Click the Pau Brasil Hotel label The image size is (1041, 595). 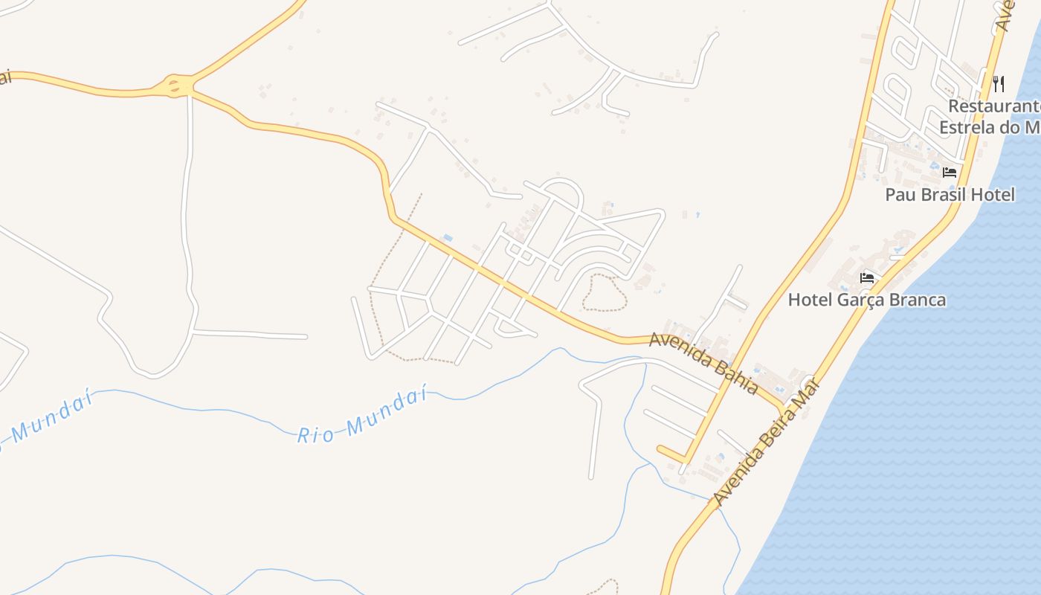(x=950, y=195)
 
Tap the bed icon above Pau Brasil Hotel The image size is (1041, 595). (x=950, y=173)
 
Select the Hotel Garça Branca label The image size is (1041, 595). (x=866, y=300)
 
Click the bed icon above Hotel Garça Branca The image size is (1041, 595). (x=866, y=278)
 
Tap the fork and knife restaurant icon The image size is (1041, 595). (x=999, y=83)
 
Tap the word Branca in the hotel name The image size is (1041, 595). (x=917, y=300)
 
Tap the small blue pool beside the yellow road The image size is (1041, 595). (x=448, y=238)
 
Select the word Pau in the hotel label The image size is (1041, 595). (x=899, y=195)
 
